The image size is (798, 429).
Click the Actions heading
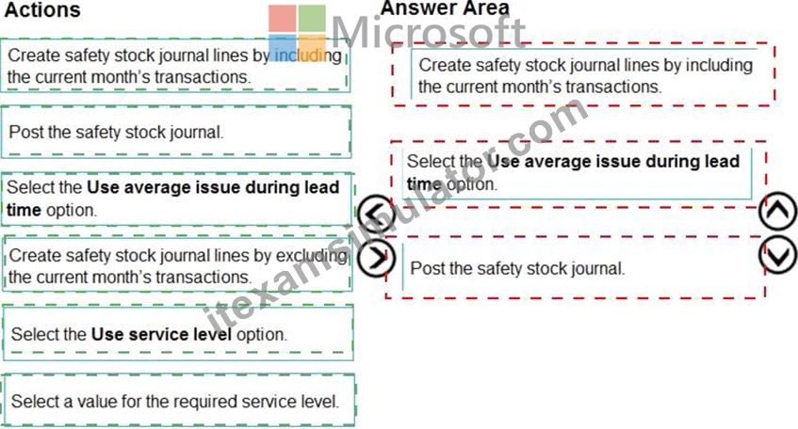[x=42, y=10]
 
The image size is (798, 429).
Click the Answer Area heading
[x=445, y=8]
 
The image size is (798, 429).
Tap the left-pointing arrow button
[x=376, y=214]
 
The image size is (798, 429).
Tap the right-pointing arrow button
[x=376, y=258]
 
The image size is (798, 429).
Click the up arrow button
[x=778, y=211]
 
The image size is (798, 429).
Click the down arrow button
[x=778, y=255]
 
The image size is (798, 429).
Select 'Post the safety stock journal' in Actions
[x=176, y=132]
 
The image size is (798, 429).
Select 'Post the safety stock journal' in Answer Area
[x=575, y=268]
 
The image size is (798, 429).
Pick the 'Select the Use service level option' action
[x=178, y=333]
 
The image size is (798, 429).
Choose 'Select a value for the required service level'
[x=178, y=401]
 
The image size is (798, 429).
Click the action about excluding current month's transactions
[x=177, y=264]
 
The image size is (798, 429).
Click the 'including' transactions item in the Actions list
[x=175, y=66]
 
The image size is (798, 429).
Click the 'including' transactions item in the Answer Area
[x=584, y=75]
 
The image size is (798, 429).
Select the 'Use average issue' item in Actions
[x=176, y=199]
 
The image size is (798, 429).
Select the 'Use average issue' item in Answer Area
[x=578, y=173]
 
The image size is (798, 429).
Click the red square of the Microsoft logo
[x=283, y=19]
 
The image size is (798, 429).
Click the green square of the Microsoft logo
[x=312, y=19]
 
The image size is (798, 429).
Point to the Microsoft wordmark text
[x=428, y=31]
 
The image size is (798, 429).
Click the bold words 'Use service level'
[x=161, y=334]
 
